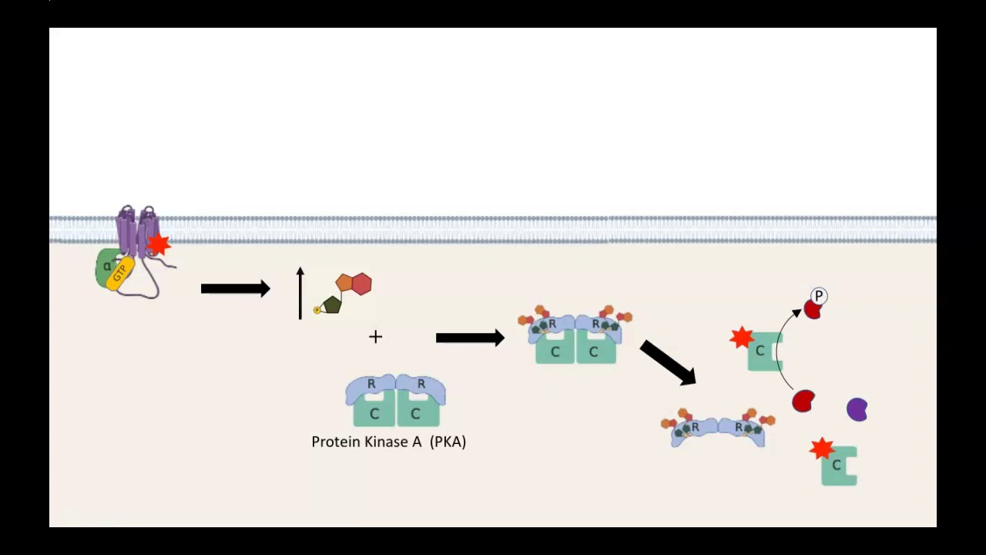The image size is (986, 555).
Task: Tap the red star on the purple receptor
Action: [x=158, y=244]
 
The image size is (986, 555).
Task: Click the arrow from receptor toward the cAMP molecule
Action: [x=235, y=289]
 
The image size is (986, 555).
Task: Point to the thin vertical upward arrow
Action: [x=300, y=293]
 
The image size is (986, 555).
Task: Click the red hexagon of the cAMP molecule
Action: [x=361, y=284]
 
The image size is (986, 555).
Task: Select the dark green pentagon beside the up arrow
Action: [x=332, y=304]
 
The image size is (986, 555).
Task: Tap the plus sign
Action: [x=375, y=337]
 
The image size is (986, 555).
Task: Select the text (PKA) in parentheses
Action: [x=448, y=442]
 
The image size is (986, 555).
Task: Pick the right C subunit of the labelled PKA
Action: [x=416, y=413]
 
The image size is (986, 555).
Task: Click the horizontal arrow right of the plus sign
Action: [x=470, y=338]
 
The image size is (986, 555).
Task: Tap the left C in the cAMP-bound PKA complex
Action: [x=555, y=352]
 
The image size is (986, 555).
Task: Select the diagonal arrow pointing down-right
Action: [x=668, y=362]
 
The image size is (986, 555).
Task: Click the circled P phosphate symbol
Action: [x=818, y=296]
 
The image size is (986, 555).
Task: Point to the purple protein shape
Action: [x=857, y=409]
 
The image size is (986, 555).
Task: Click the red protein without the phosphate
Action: [x=803, y=401]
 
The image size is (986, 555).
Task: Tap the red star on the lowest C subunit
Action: [x=822, y=448]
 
